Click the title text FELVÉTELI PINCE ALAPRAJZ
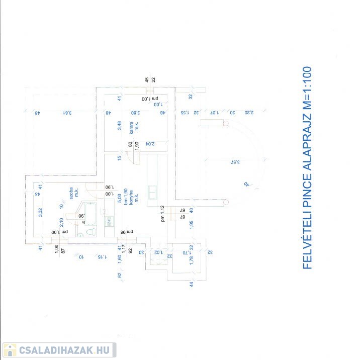coord(308,167)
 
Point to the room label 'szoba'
coord(72,193)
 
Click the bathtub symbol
coord(91,213)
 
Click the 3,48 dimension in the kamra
coord(120,126)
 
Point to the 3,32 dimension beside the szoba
coord(40,212)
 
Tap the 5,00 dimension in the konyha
coord(120,199)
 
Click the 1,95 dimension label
coord(192,225)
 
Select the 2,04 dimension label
coord(149,144)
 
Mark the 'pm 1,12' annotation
coord(162,214)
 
